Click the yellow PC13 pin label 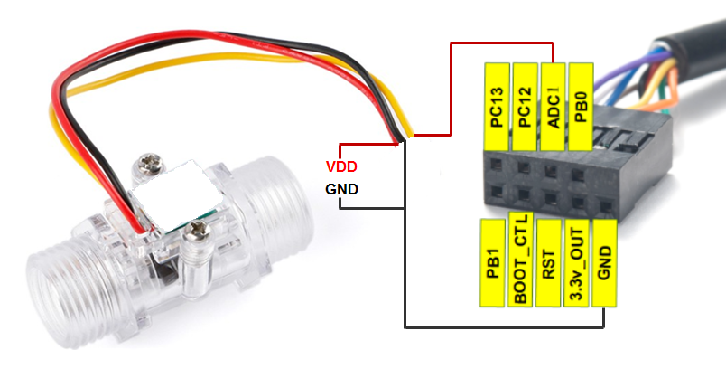(x=497, y=107)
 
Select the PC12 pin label (x=525, y=107)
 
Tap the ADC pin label (x=554, y=107)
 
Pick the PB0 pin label (x=581, y=107)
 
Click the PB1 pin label (x=492, y=263)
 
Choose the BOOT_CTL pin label (x=520, y=260)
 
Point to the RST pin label (x=548, y=263)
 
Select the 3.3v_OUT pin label (x=576, y=263)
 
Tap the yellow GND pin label (x=604, y=263)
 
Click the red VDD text (x=341, y=167)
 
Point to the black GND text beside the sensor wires (x=341, y=189)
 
